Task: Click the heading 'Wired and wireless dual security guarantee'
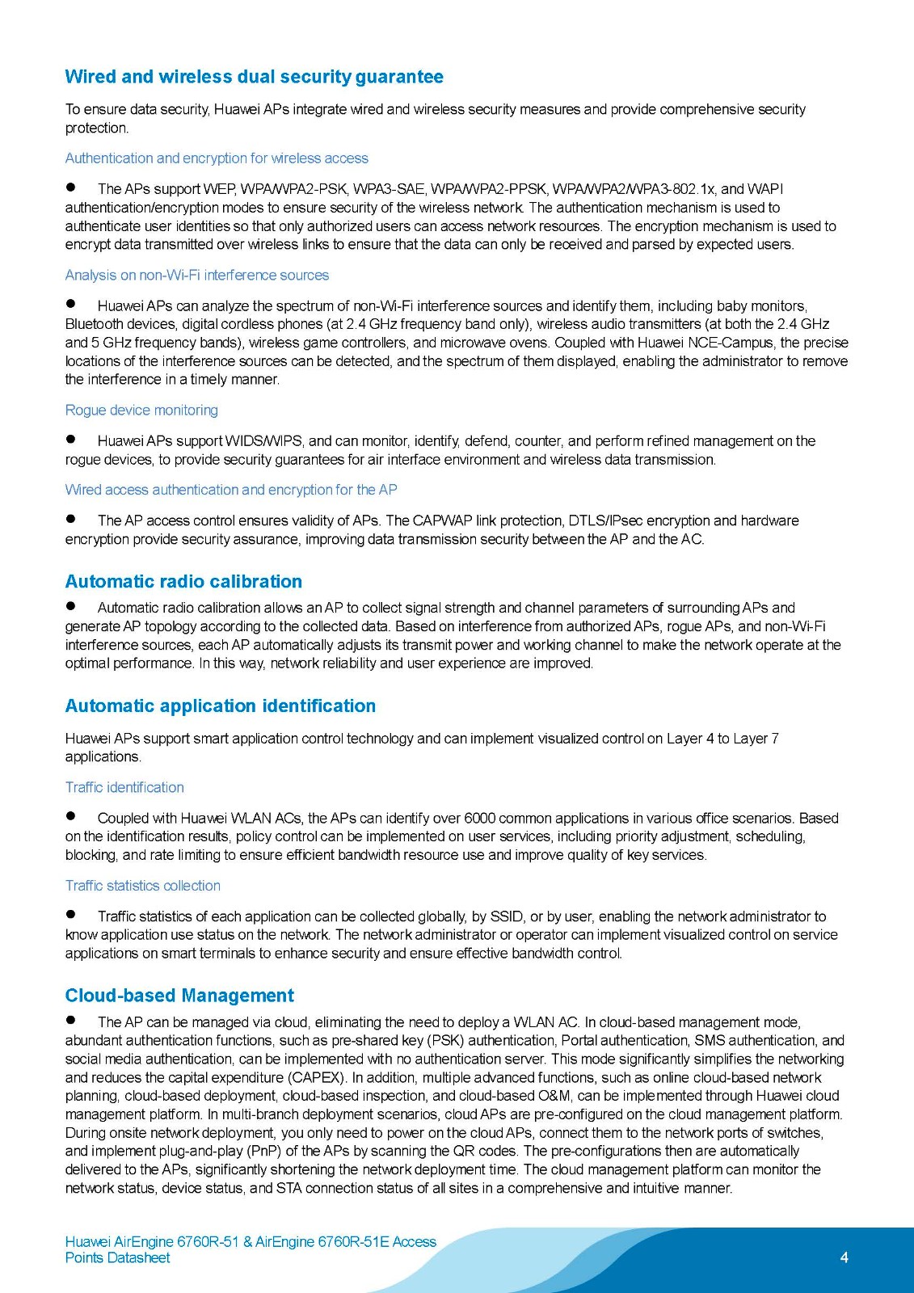click(x=254, y=77)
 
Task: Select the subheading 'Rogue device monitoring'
click(x=141, y=410)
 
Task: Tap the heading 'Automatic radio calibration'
click(x=183, y=581)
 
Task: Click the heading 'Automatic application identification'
click(x=220, y=705)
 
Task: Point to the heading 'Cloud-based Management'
click(x=179, y=995)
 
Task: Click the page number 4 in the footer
click(x=844, y=1257)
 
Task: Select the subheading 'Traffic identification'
click(x=124, y=787)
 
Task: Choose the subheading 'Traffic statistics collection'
click(x=142, y=886)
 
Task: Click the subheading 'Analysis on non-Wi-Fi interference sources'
click(x=197, y=275)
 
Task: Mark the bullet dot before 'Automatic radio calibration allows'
click(x=71, y=605)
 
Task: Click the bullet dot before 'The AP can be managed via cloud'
click(x=71, y=1020)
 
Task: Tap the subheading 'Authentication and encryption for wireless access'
click(x=217, y=158)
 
